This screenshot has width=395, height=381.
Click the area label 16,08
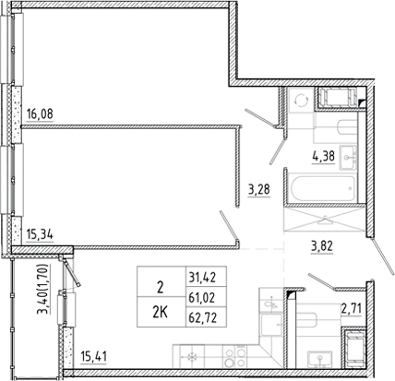click(40, 114)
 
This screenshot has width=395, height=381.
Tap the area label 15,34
click(40, 235)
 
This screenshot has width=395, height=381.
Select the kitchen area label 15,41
click(93, 357)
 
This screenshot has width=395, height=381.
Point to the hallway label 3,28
click(259, 189)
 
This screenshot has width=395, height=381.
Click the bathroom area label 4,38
click(323, 157)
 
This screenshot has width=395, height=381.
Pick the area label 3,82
click(322, 246)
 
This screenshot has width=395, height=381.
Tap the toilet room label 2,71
click(352, 307)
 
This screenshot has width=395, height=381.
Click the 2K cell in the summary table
click(161, 313)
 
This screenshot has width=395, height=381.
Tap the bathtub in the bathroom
click(323, 188)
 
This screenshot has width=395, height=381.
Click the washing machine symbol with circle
click(301, 101)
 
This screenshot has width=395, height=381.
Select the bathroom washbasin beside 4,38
click(348, 158)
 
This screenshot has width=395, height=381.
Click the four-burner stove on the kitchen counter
click(234, 356)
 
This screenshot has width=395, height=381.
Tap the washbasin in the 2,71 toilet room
click(320, 360)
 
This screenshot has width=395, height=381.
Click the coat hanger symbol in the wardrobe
click(325, 220)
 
